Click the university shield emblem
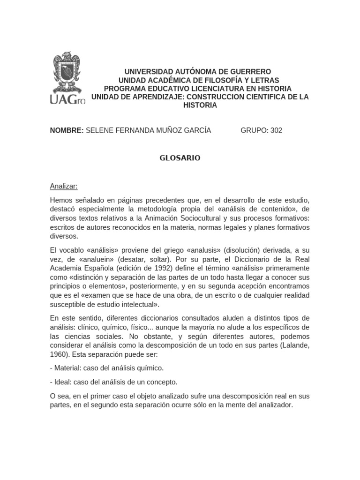click(x=68, y=73)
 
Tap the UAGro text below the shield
click(x=68, y=99)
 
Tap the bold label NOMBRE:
click(x=67, y=130)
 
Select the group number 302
click(x=276, y=130)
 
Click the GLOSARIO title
click(x=180, y=158)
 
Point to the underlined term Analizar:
click(x=64, y=186)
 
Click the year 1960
click(x=59, y=354)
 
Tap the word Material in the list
click(x=67, y=368)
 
